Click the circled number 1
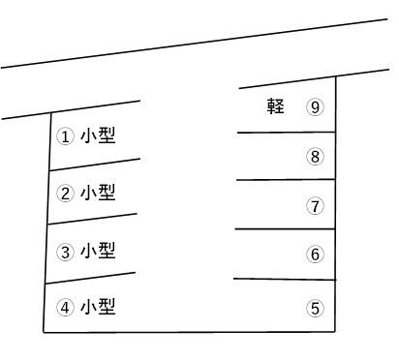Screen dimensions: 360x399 (x=66, y=136)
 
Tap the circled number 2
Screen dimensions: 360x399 (x=66, y=194)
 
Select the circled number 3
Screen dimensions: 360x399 (x=66, y=253)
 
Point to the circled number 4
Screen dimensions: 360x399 (x=66, y=308)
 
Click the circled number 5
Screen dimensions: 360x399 (x=315, y=309)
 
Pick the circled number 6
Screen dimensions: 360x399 (x=315, y=255)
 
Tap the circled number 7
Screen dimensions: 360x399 (x=315, y=206)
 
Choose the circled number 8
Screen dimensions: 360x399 (x=315, y=157)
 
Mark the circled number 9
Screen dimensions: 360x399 (x=315, y=107)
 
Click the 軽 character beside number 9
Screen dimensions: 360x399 (x=276, y=106)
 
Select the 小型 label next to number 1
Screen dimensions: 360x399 (x=98, y=135)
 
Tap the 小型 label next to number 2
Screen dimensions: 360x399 (x=98, y=193)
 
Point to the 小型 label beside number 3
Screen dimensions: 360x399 (x=98, y=251)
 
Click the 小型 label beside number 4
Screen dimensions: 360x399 (x=98, y=307)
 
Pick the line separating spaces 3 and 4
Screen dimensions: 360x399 (x=90, y=278)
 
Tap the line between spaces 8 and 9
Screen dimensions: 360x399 (x=286, y=132)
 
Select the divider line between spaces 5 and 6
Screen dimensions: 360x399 (x=284, y=279)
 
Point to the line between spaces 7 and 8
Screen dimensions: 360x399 (x=286, y=179)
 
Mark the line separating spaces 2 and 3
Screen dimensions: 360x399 (x=92, y=220)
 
